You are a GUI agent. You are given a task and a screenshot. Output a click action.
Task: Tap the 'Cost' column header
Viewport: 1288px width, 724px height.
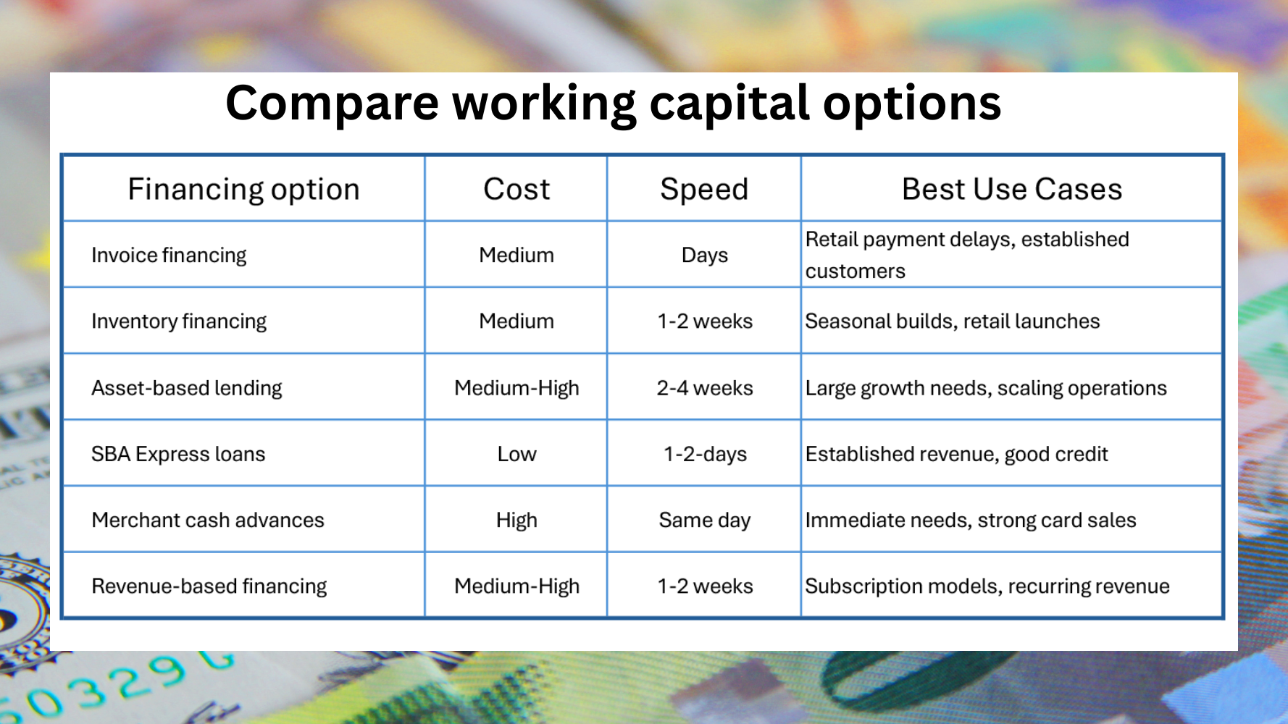tap(517, 190)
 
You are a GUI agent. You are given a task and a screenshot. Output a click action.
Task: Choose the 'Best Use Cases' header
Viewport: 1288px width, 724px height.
tap(1012, 190)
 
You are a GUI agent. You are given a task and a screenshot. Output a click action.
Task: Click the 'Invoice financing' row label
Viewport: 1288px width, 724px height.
tap(169, 256)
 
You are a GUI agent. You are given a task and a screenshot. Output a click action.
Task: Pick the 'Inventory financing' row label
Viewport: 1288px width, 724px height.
tap(179, 321)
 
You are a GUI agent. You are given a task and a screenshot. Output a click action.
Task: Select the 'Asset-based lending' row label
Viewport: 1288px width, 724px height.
tap(187, 389)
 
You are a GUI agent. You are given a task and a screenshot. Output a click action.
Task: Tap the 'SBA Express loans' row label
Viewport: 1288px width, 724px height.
tap(178, 454)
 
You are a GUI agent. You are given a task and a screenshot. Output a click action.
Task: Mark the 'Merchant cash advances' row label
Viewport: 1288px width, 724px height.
tap(208, 520)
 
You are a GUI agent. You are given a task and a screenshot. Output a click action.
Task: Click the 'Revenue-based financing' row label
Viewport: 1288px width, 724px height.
tap(209, 586)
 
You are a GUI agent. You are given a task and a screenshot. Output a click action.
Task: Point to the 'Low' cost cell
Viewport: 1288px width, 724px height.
tap(517, 454)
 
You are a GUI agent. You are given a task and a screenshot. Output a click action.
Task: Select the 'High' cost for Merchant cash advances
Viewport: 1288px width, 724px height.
tap(517, 521)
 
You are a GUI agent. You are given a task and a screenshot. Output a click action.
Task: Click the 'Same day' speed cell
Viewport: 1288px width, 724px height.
tap(705, 521)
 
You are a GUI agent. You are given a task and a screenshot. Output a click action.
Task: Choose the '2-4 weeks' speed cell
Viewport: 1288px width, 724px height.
tap(705, 388)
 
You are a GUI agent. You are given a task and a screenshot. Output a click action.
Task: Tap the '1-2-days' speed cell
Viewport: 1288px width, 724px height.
tap(705, 455)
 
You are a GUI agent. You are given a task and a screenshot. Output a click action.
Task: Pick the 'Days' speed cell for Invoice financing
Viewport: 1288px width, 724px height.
tap(705, 256)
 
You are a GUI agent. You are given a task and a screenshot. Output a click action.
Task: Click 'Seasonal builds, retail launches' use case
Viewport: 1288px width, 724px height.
tap(953, 321)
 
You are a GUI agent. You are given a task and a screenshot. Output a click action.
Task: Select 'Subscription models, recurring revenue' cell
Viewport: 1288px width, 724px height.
tap(987, 586)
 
